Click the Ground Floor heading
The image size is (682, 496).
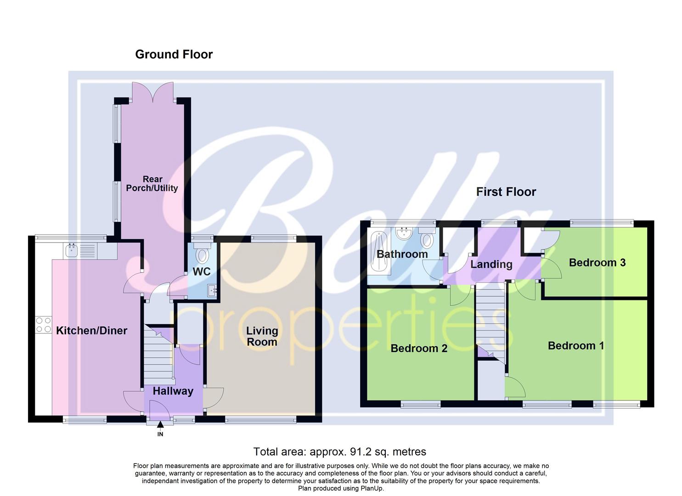pos(174,54)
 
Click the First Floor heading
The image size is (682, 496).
pos(506,192)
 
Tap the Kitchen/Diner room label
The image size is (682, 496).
pos(91,330)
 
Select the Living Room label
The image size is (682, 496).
pos(262,336)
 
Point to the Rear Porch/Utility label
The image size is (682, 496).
pos(152,184)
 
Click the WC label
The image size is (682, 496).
pos(202,271)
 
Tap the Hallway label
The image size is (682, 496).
pos(173,391)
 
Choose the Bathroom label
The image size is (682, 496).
pos(402,254)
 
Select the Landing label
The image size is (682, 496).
pos(491,264)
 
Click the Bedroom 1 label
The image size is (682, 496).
pos(575,345)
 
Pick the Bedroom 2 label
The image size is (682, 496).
pos(419,348)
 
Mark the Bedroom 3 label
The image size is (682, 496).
pos(597,262)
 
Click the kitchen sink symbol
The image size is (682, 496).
pos(72,250)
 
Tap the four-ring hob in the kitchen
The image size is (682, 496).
pos(44,325)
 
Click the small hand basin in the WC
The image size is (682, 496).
pos(212,290)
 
